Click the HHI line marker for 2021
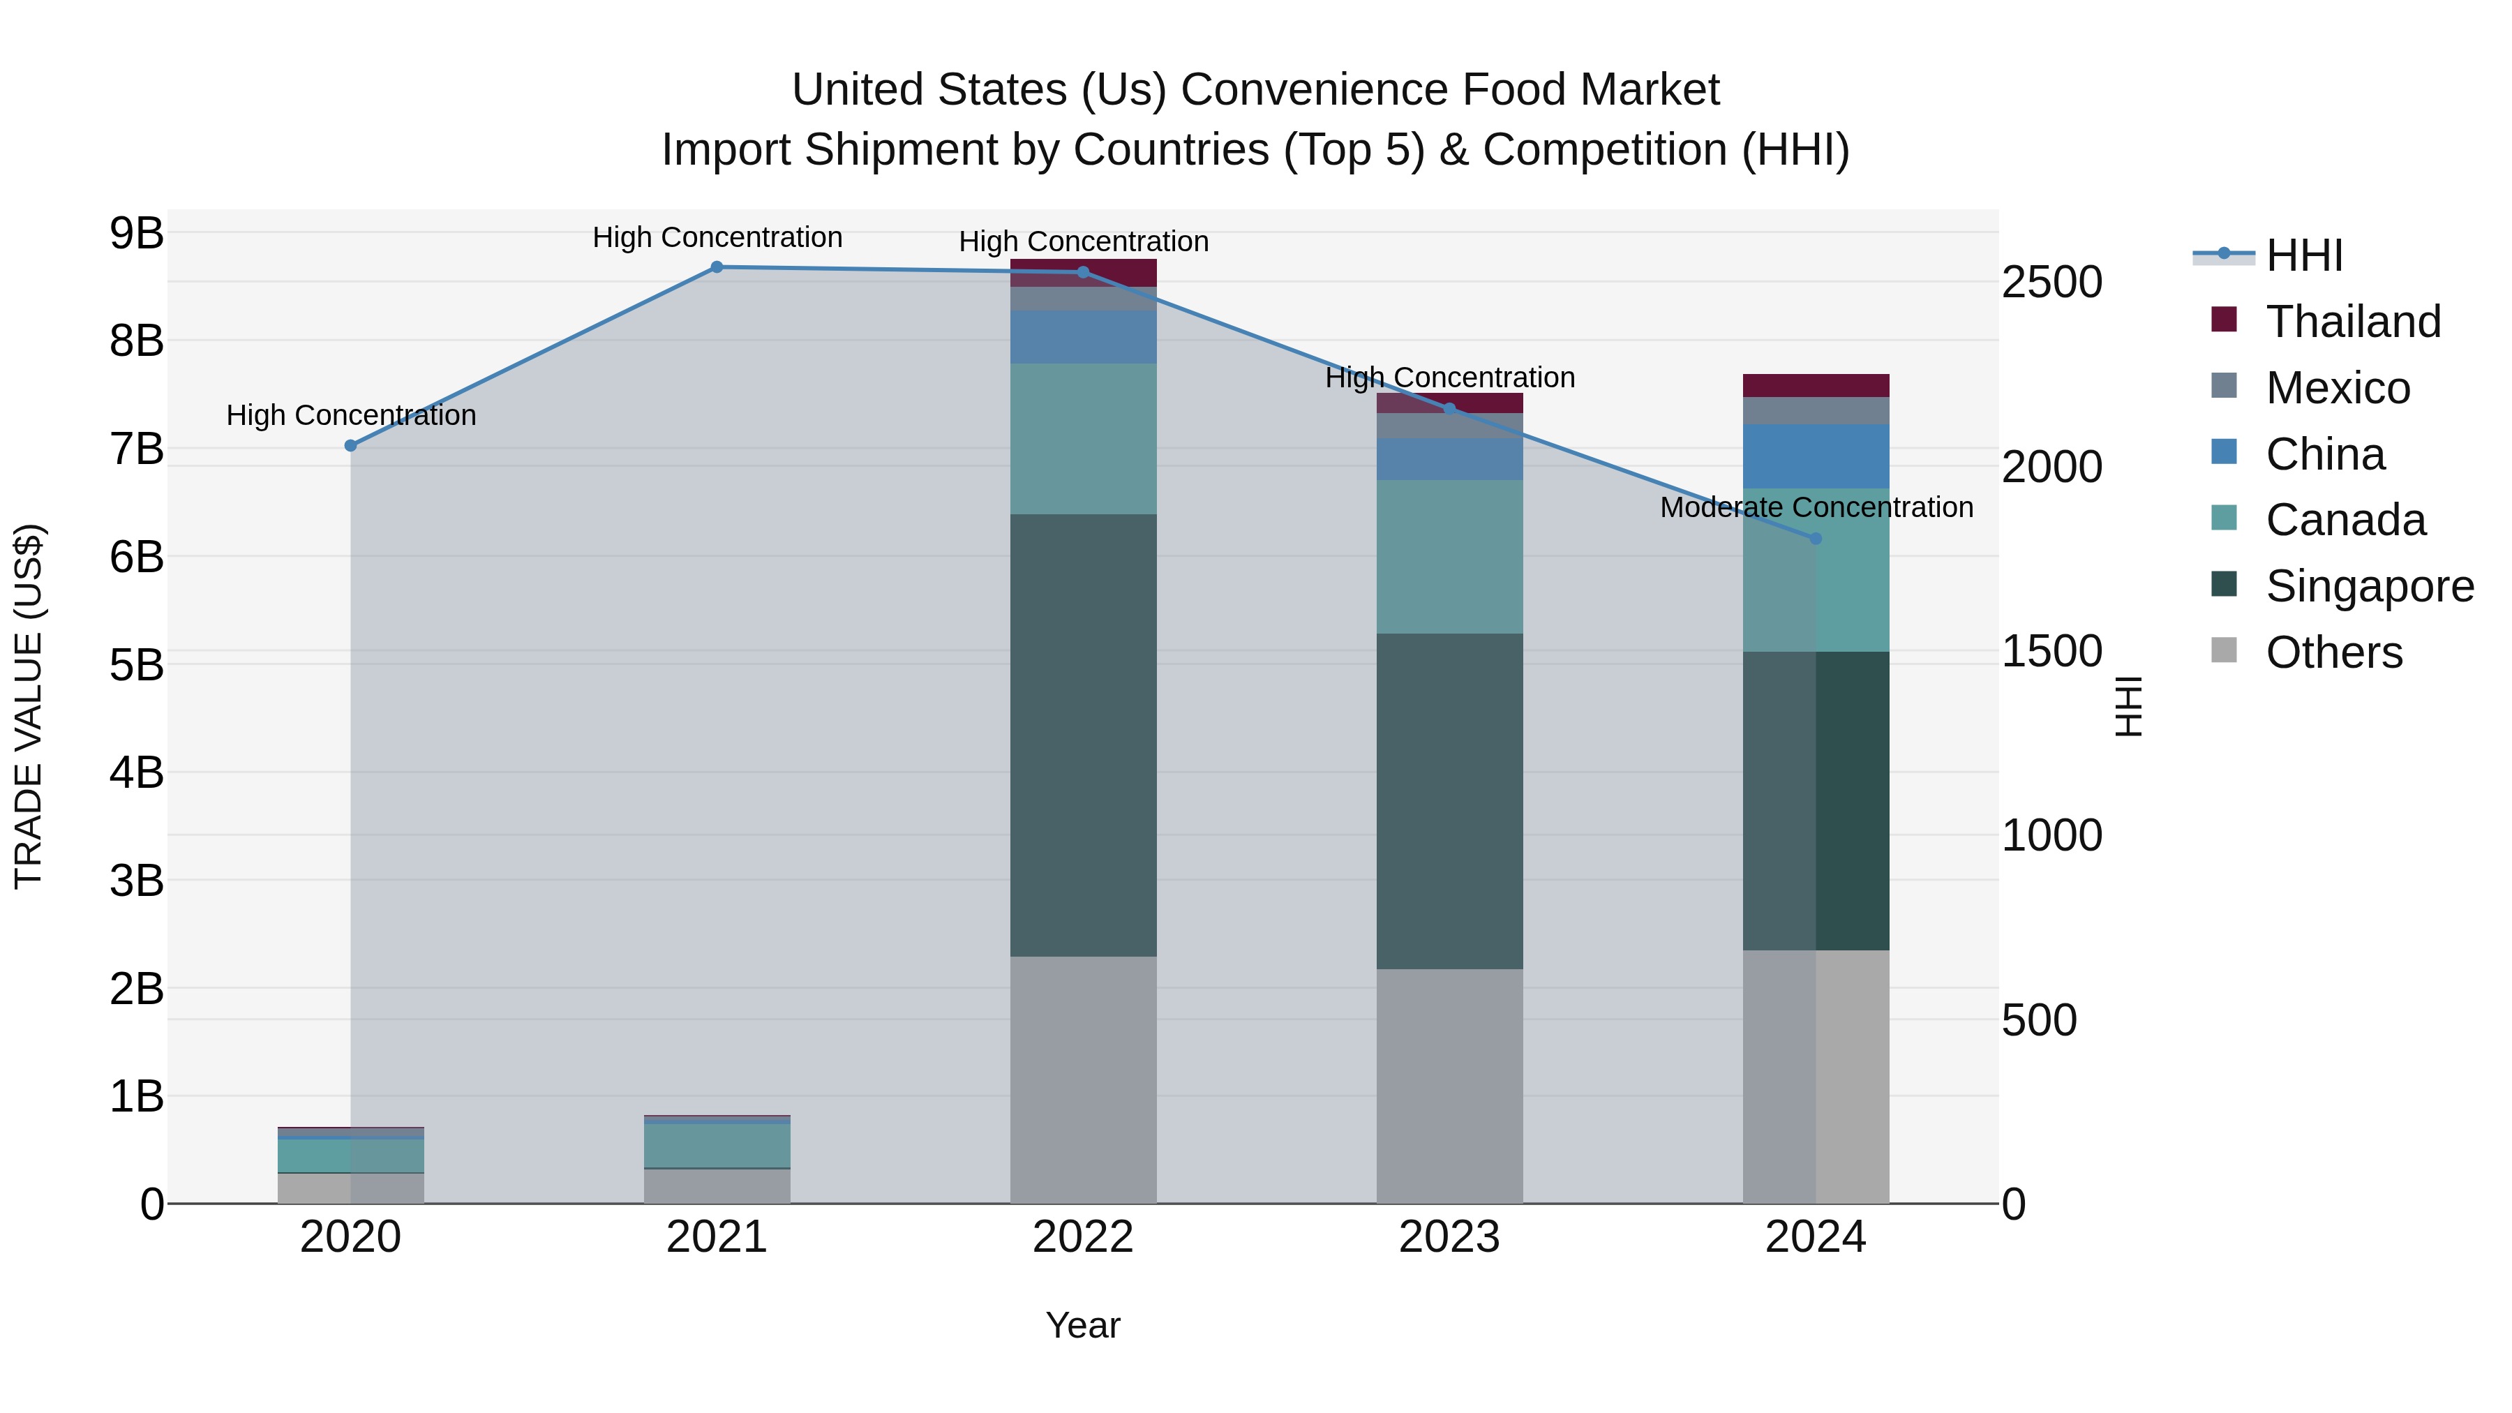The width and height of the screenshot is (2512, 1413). click(717, 267)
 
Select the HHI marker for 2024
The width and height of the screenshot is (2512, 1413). click(1816, 538)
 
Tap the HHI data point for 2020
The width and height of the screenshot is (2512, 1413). click(351, 446)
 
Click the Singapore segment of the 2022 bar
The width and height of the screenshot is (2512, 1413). click(1084, 735)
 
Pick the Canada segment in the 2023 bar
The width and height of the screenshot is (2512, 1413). click(1450, 557)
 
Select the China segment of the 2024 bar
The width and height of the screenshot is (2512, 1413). click(1816, 456)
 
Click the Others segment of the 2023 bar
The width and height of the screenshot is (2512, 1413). click(1450, 1085)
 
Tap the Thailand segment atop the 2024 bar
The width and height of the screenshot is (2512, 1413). click(1816, 385)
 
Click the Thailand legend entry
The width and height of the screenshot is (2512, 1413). click(2353, 322)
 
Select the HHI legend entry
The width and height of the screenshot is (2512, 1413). click(2303, 255)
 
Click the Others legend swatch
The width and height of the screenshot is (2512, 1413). click(2225, 650)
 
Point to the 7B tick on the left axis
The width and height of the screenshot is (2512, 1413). click(137, 449)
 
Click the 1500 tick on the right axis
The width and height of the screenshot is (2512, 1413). click(2051, 652)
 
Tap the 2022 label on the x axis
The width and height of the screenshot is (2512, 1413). click(1084, 1237)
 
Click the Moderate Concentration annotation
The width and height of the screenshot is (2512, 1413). click(1816, 507)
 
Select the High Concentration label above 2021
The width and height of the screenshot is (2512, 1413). click(717, 237)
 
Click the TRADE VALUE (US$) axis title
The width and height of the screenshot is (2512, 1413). click(29, 706)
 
